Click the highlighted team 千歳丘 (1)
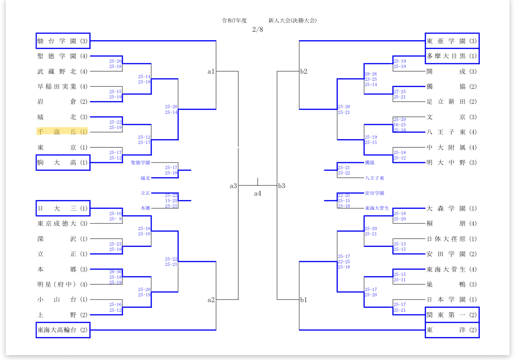62,132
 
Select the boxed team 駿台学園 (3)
63,41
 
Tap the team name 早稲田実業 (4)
62,87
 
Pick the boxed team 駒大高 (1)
63,163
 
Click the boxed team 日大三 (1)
63,208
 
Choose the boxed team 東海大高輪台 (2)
63,330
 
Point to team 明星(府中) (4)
62,284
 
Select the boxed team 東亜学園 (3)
452,41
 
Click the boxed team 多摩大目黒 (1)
452,56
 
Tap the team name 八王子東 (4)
452,132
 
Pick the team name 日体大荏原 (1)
452,239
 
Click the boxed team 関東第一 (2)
452,315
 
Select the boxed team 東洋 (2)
452,330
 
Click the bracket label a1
211,72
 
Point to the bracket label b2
304,72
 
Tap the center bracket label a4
258,193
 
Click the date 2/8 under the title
258,29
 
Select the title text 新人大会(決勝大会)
293,20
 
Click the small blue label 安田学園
375,193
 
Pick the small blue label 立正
145,193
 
